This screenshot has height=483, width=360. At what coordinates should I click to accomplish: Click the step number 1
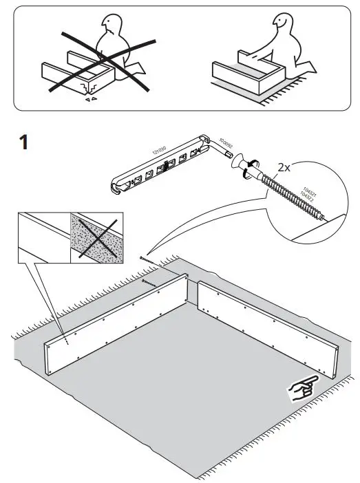24,144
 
